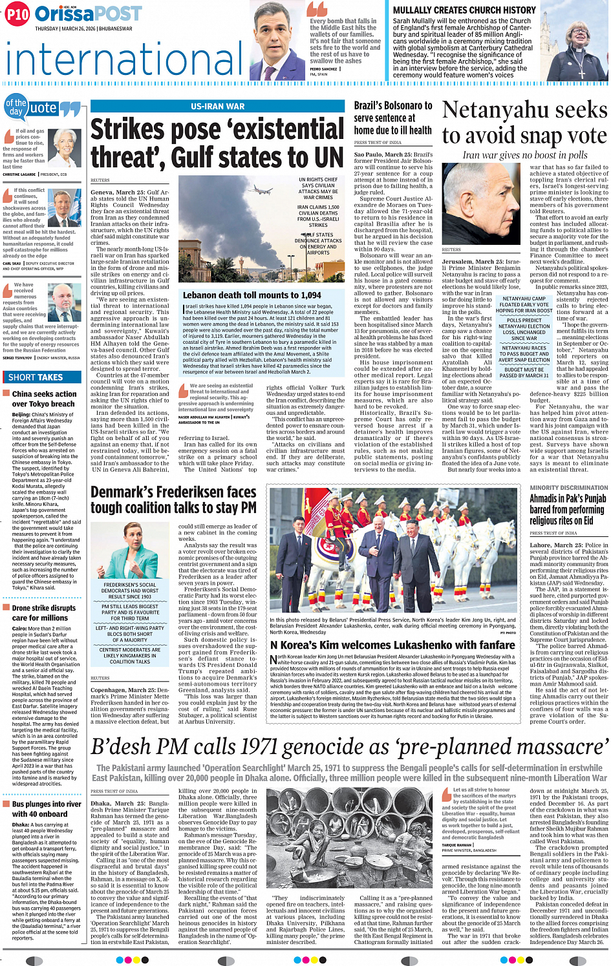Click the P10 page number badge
[x=17, y=14]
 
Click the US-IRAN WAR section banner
[x=217, y=107]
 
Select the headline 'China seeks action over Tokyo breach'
[x=44, y=399]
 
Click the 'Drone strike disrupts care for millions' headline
[x=44, y=613]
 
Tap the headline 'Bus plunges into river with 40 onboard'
[x=47, y=809]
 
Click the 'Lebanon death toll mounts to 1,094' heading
[x=252, y=295]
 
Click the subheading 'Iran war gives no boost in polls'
[x=524, y=155]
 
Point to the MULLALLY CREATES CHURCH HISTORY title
[x=464, y=10]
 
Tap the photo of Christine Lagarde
[x=65, y=149]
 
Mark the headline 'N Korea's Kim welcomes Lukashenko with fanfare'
[x=392, y=645]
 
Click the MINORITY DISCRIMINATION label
[x=568, y=488]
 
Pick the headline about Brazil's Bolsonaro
[x=392, y=118]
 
